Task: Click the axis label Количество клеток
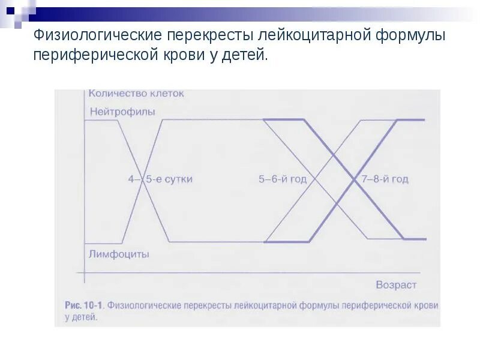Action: [136, 94]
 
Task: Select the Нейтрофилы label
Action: [123, 112]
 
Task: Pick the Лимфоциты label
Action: [119, 254]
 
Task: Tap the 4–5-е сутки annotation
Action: [160, 179]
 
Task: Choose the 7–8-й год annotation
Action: [385, 179]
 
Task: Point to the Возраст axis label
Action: [396, 284]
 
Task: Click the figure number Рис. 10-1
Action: [85, 305]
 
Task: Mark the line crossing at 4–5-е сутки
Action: [142, 181]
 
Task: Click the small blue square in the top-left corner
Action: [10, 10]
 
